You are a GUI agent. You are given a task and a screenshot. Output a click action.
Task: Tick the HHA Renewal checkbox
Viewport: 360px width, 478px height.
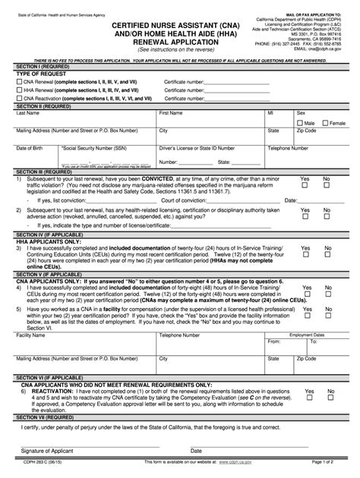tap(20, 98)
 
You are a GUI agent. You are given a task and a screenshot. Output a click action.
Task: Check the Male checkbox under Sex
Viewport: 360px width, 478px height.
tap(301, 122)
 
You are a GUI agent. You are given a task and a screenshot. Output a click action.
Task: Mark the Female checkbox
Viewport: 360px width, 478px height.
tap(325, 122)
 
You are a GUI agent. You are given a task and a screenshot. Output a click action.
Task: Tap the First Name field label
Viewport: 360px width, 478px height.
tap(171, 113)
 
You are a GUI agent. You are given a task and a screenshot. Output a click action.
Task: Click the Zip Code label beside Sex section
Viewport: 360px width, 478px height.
tap(307, 131)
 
